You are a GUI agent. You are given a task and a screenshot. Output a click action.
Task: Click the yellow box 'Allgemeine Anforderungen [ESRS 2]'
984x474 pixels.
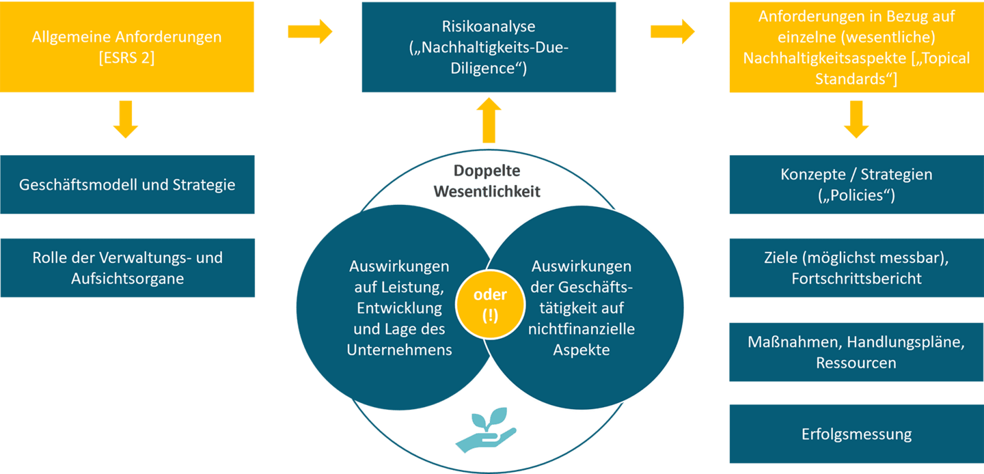127,47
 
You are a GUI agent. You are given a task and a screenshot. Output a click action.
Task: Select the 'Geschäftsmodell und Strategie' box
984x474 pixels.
127,184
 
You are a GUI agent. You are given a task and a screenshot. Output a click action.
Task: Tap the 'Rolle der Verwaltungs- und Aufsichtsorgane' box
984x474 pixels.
127,268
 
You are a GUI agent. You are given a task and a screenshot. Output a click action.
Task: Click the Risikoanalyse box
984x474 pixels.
488,47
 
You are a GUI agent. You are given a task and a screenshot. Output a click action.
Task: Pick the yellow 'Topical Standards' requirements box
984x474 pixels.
856,47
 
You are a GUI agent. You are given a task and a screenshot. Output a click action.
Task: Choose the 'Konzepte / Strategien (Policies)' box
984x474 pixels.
856,184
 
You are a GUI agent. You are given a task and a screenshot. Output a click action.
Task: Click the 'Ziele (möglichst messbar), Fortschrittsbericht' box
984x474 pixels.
856,268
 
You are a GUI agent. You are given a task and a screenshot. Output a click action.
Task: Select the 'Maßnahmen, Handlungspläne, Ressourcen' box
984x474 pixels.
856,352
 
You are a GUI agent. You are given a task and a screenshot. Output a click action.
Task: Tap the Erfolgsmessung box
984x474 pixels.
856,434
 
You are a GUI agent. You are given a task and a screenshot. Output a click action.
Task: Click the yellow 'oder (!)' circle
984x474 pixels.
490,305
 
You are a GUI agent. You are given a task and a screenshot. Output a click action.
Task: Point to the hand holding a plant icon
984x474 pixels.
486,431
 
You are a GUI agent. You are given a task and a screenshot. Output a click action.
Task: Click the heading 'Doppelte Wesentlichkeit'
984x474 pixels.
487,180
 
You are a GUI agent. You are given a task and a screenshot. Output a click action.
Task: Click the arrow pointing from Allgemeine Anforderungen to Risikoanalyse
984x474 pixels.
310,31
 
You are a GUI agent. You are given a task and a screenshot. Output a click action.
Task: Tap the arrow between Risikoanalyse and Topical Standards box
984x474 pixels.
672,31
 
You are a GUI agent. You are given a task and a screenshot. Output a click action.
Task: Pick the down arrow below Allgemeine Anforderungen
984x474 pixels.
126,119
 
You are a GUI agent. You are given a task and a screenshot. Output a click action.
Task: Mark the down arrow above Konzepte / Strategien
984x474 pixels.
856,119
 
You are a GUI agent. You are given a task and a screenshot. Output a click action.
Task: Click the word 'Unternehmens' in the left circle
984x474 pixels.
400,350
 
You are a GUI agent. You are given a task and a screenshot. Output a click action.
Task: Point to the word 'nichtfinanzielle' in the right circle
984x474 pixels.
582,329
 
